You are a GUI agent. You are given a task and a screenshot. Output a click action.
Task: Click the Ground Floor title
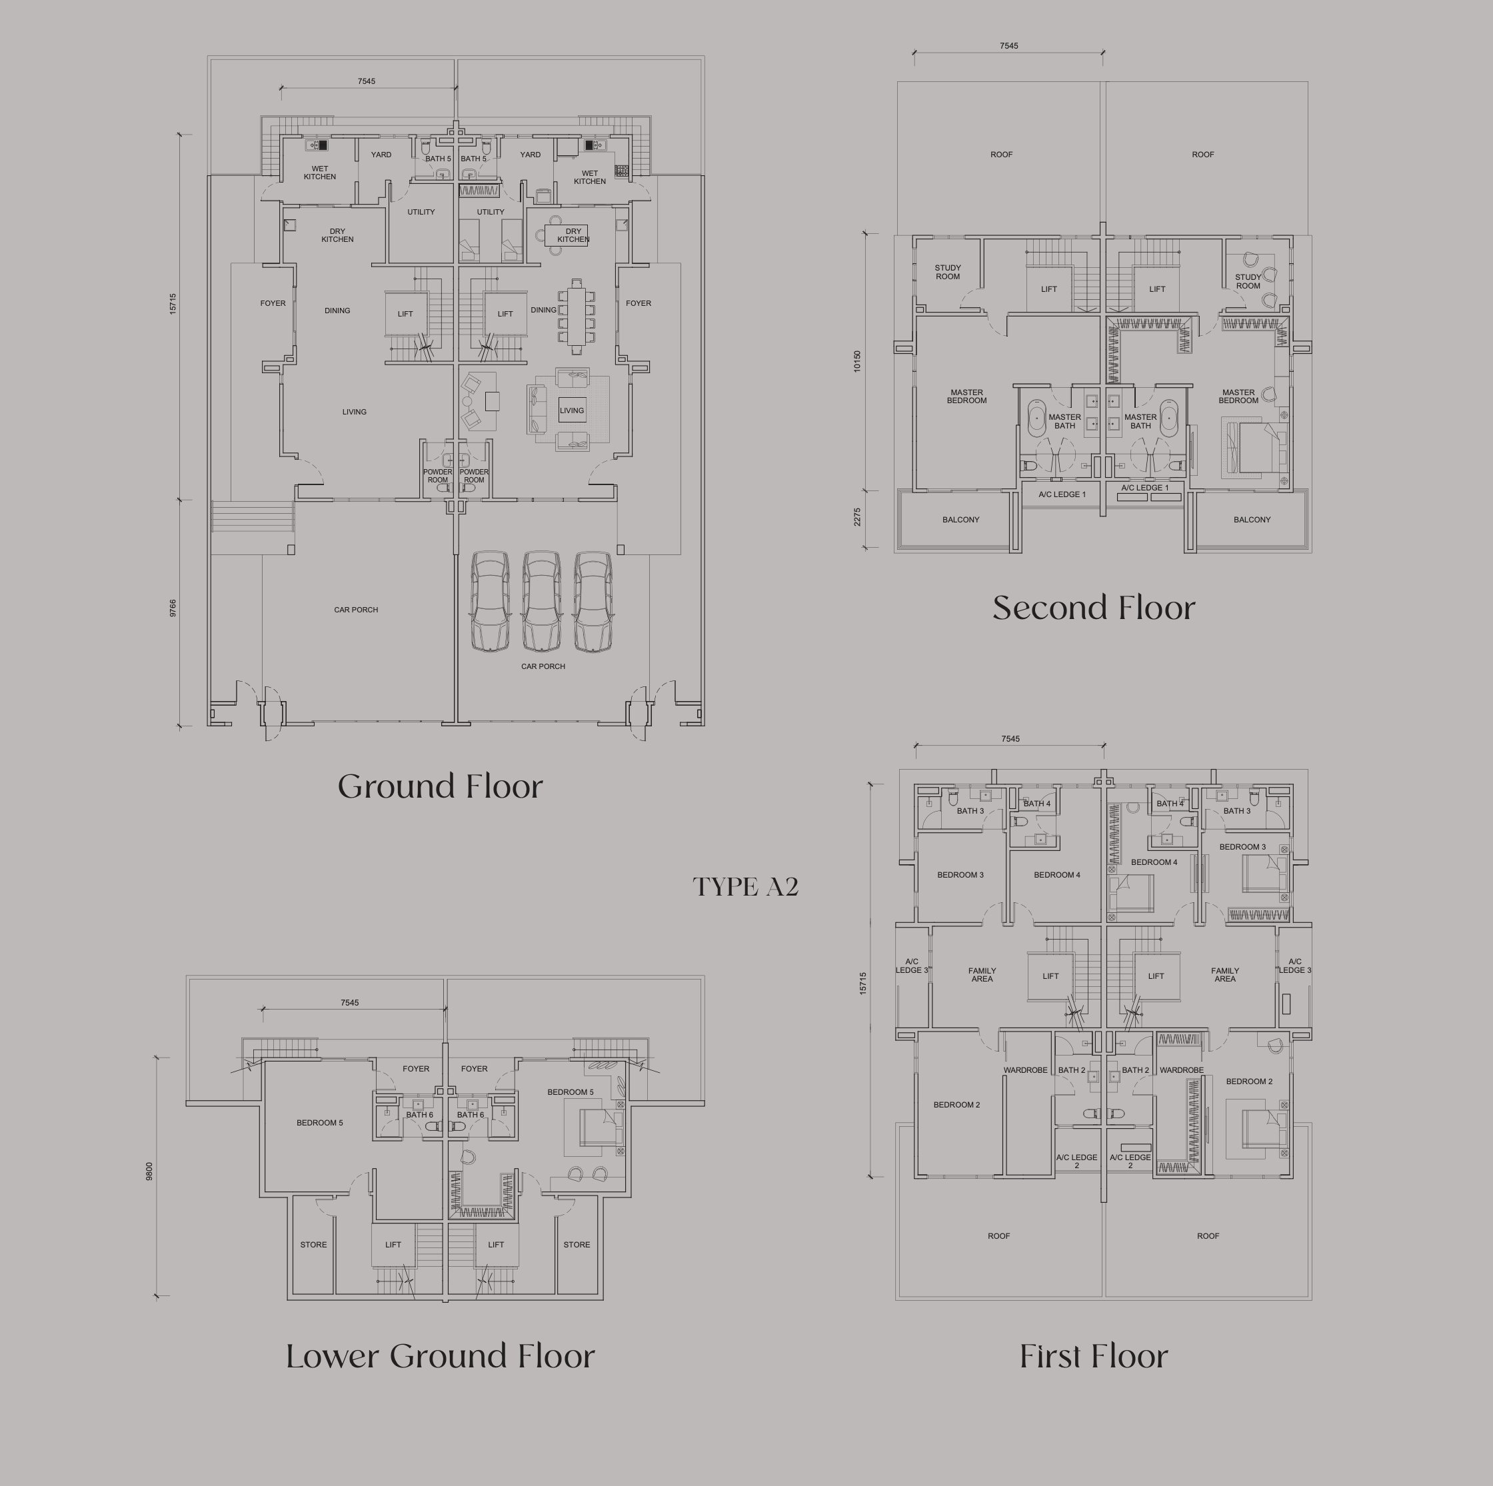[441, 787]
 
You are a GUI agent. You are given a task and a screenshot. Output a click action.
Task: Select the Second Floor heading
[1094, 608]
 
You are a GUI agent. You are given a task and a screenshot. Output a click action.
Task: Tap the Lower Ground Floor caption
[441, 1356]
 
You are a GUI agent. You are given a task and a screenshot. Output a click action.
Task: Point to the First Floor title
[1094, 1356]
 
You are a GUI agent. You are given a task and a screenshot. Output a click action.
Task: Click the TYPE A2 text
[746, 886]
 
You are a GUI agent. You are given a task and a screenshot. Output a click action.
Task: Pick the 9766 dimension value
[173, 608]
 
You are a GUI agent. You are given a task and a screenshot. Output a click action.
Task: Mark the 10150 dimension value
[857, 362]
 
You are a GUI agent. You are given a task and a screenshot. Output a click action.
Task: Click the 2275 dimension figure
[857, 518]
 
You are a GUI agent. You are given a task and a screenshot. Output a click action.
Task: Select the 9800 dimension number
[149, 1171]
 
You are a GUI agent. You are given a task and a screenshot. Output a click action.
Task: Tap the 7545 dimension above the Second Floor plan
[1008, 45]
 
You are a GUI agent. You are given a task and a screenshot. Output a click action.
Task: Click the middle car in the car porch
[542, 601]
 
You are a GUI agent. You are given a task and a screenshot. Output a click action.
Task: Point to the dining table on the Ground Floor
[577, 316]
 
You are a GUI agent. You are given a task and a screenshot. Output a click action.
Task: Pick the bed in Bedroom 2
[1264, 1128]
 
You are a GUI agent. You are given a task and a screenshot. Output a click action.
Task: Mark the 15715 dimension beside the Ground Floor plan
[173, 304]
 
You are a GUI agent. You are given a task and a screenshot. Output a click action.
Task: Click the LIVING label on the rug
[572, 410]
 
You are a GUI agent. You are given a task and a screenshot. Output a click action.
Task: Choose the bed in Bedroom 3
[1265, 873]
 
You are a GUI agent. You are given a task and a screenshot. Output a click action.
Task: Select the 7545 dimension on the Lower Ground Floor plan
[349, 1003]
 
